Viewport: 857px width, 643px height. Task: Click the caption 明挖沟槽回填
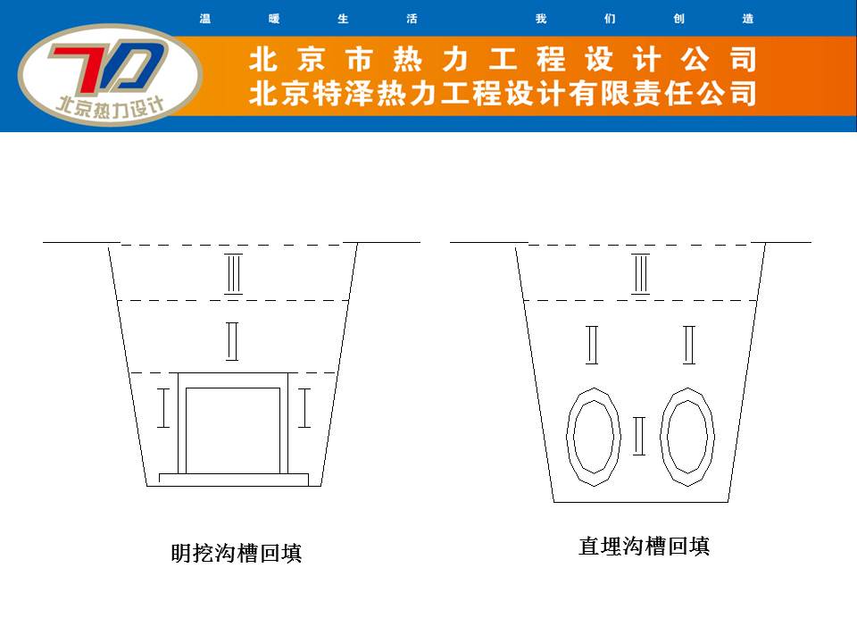pyautogui.click(x=236, y=553)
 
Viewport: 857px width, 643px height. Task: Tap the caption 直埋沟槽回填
pyautogui.click(x=645, y=547)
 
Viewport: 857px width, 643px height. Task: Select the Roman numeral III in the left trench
pyautogui.click(x=234, y=274)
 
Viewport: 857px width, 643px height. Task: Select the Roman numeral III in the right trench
pyautogui.click(x=641, y=274)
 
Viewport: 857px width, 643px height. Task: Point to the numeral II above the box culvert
pyautogui.click(x=232, y=341)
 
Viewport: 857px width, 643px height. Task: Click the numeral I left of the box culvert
pyautogui.click(x=162, y=408)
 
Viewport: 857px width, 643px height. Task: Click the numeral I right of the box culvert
pyautogui.click(x=304, y=408)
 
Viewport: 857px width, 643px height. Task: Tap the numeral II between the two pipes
pyautogui.click(x=639, y=436)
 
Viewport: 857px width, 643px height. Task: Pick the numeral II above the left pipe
pyautogui.click(x=592, y=345)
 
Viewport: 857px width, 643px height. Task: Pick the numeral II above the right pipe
pyautogui.click(x=689, y=345)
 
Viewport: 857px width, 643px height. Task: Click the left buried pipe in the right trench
pyautogui.click(x=569, y=437)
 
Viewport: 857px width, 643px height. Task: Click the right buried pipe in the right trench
pyautogui.click(x=662, y=437)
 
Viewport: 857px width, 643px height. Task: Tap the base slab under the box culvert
pyautogui.click(x=233, y=480)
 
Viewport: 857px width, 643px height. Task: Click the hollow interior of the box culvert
pyautogui.click(x=233, y=430)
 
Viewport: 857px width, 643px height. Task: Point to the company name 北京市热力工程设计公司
pyautogui.click(x=503, y=59)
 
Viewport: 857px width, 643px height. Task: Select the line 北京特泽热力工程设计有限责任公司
pyautogui.click(x=503, y=94)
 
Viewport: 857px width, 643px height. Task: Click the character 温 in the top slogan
pyautogui.click(x=205, y=19)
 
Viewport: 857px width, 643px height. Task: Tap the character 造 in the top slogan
pyautogui.click(x=748, y=19)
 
